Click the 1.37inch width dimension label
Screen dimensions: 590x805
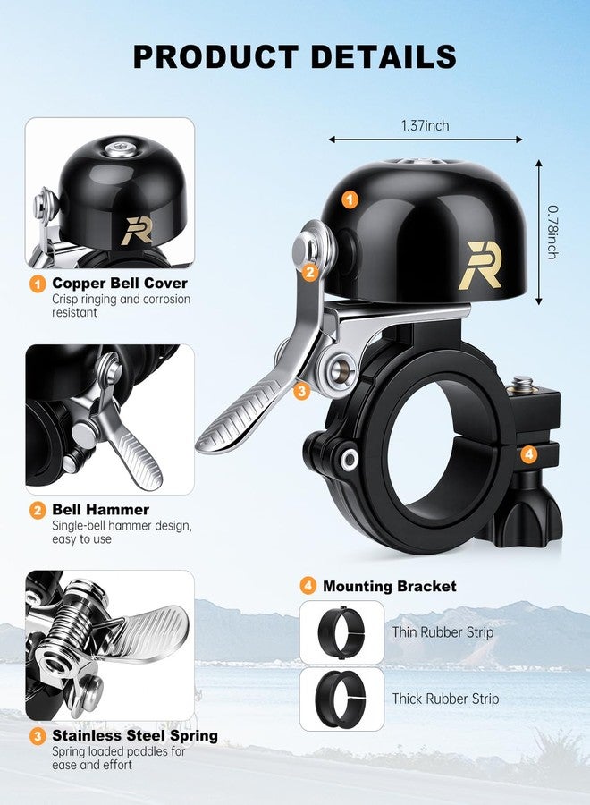[x=425, y=125]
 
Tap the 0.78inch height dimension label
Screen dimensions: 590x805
[x=552, y=232]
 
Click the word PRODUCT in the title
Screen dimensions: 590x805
[x=216, y=56]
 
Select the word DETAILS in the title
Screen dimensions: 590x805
[x=383, y=56]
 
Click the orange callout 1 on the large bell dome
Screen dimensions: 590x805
[x=350, y=199]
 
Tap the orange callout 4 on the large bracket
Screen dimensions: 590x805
[x=529, y=454]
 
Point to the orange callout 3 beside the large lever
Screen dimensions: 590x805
[x=301, y=391]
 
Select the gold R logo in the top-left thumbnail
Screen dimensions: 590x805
[x=138, y=231]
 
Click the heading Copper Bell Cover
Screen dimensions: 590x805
[x=120, y=283]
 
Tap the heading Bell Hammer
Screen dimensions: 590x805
[x=100, y=509]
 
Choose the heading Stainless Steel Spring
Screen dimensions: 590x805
[x=135, y=736]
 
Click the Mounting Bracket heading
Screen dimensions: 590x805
[x=390, y=586]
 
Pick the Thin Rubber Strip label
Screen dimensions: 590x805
[x=442, y=632]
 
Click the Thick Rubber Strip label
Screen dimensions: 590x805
[x=445, y=699]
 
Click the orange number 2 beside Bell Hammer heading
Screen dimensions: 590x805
[x=38, y=511]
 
